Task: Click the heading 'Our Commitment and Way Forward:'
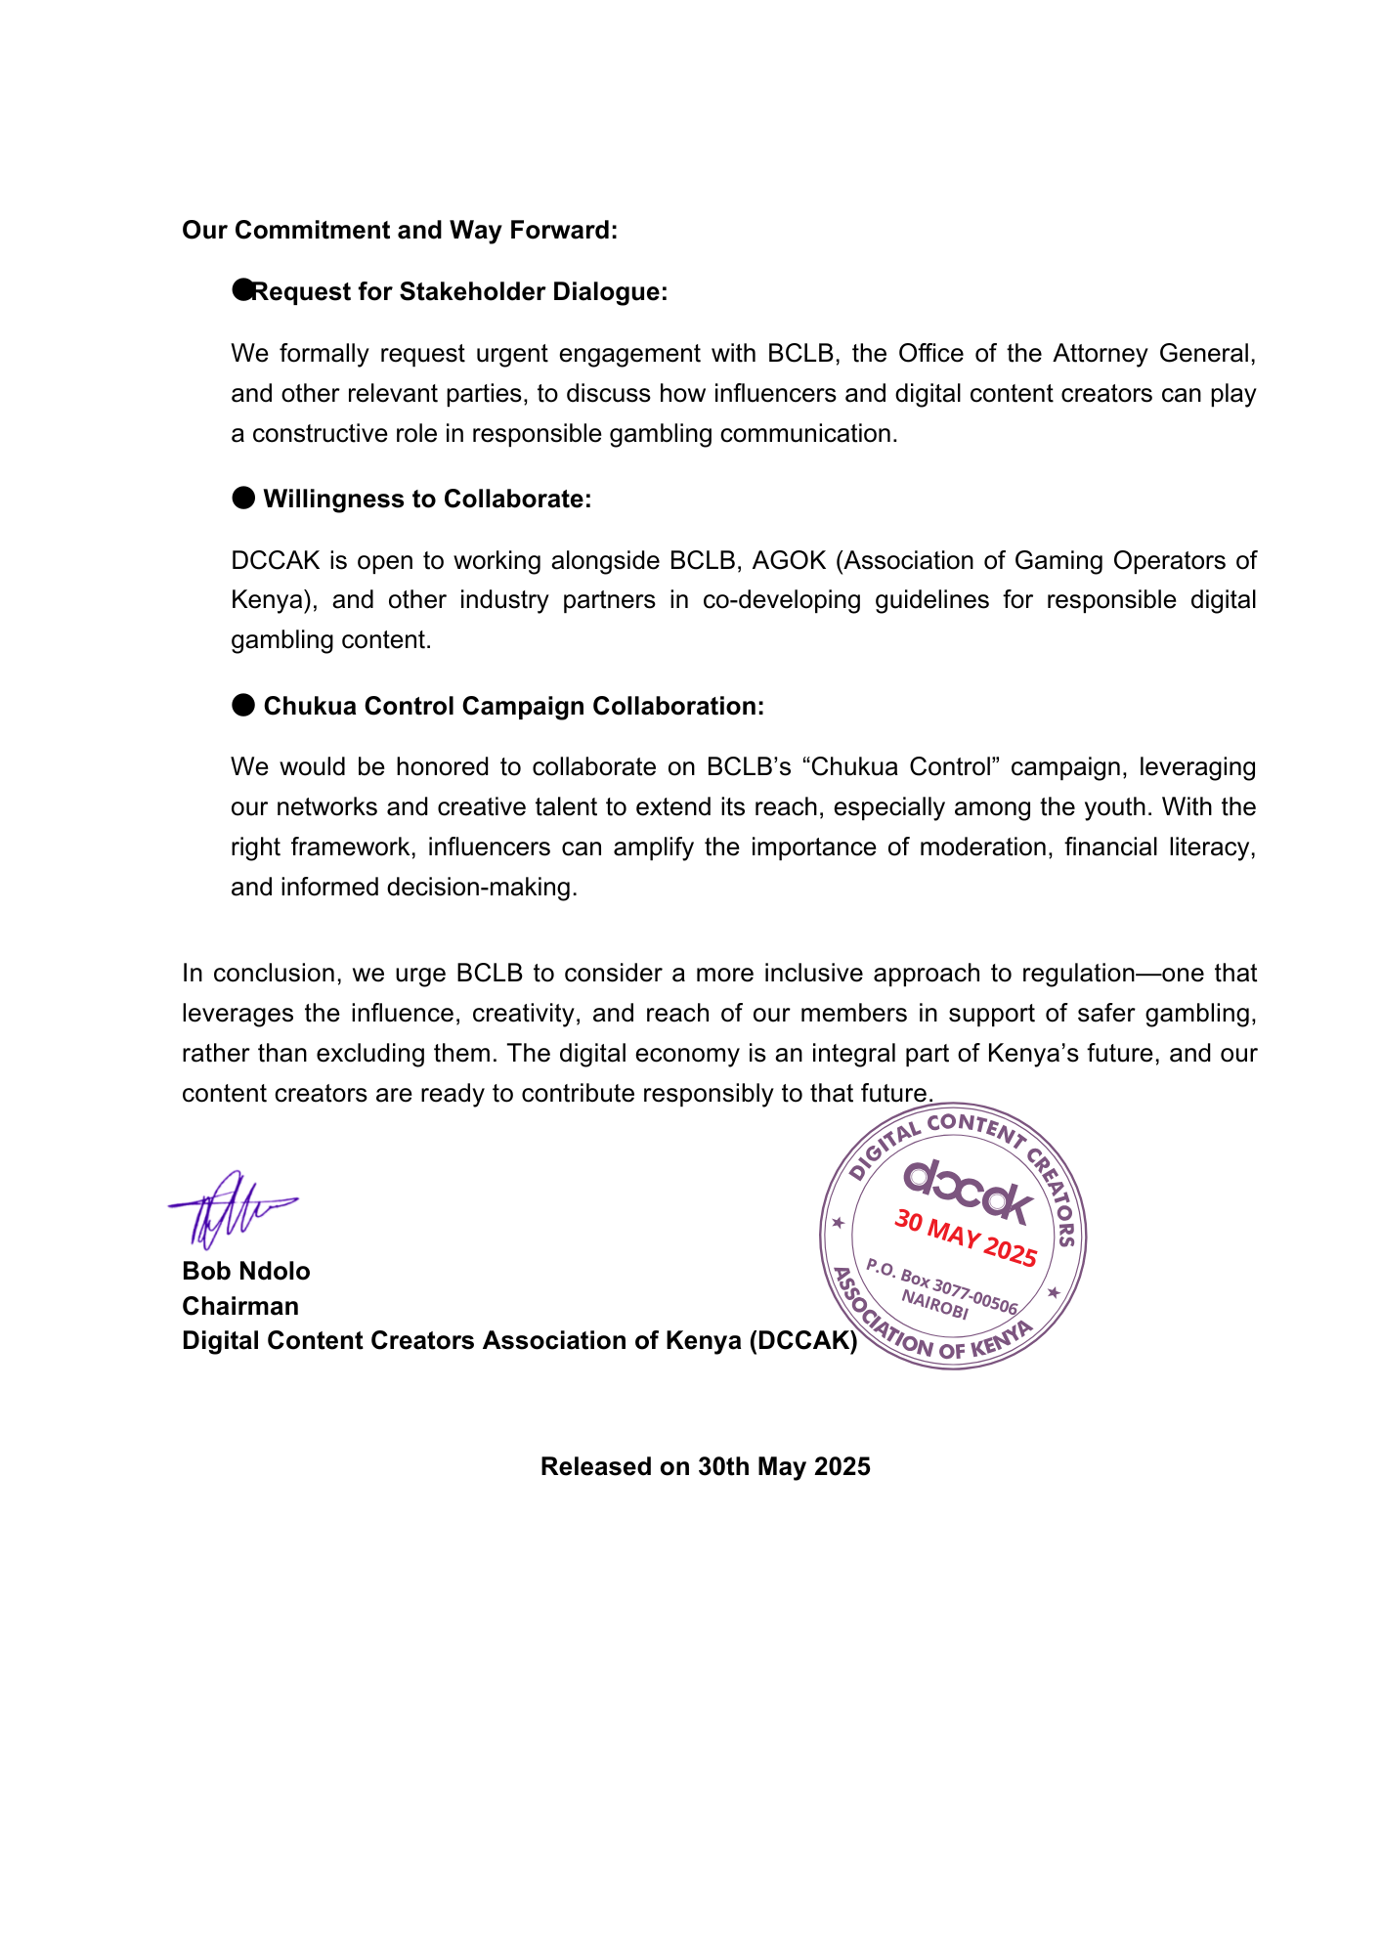(400, 231)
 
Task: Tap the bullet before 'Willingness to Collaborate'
(242, 499)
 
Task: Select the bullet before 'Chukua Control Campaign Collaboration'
(242, 706)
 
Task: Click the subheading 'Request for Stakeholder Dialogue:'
(459, 292)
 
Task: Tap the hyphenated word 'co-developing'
(782, 600)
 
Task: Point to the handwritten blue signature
(230, 1209)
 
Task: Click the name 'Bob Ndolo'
(246, 1272)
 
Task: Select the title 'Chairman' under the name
(240, 1307)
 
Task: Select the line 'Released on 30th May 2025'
(705, 1467)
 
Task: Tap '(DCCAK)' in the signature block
(803, 1341)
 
